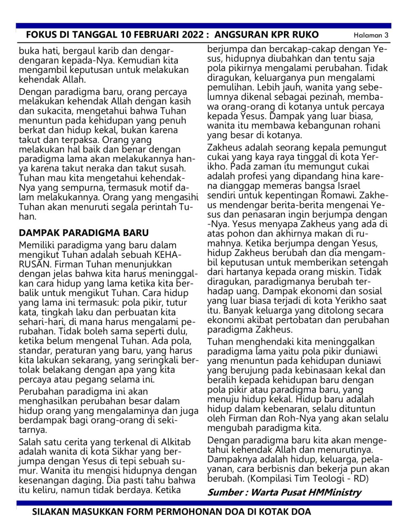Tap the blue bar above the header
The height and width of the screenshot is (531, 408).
pyautogui.click(x=204, y=26)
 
